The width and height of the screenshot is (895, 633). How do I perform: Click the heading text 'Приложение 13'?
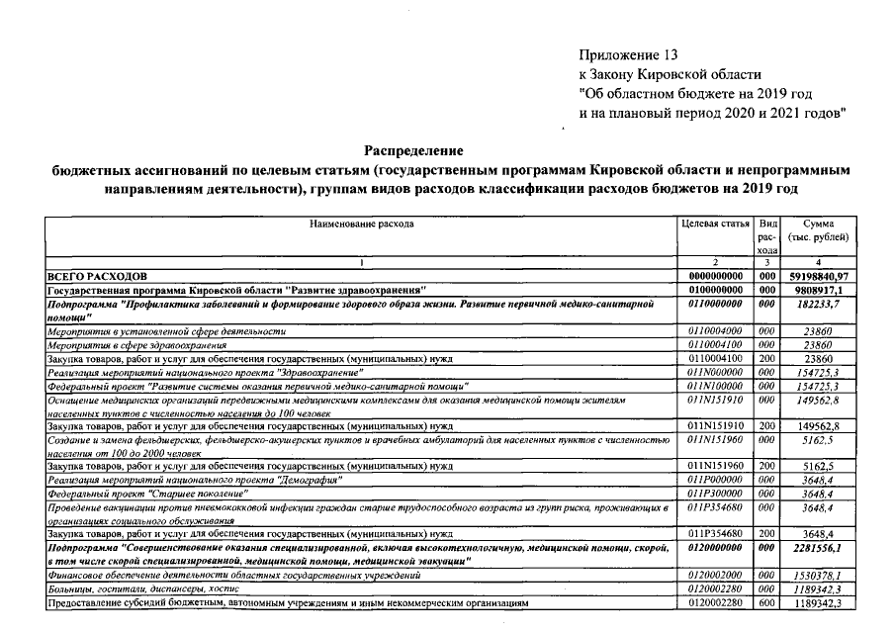point(630,54)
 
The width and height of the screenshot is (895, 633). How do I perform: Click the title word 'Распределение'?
point(414,150)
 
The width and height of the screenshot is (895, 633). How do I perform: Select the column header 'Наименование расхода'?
point(361,225)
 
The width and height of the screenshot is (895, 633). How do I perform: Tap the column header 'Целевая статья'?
point(715,225)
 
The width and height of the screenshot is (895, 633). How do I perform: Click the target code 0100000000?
point(715,290)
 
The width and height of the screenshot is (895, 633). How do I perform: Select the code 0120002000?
point(715,575)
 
